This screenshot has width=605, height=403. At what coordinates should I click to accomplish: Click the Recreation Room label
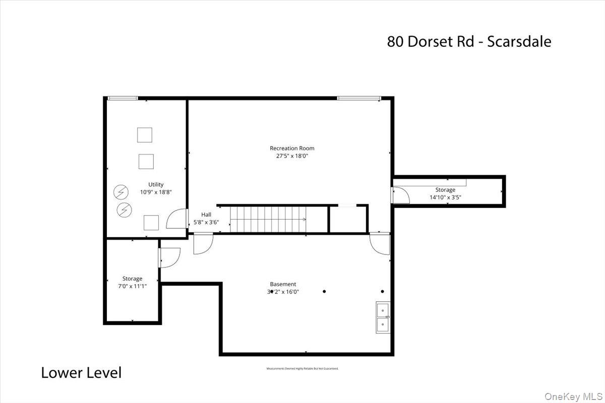(x=292, y=148)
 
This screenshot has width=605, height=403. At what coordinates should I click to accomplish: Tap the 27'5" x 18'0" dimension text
(x=292, y=156)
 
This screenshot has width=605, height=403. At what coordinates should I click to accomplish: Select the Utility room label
(x=156, y=184)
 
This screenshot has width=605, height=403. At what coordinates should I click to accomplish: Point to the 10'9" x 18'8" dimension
(x=156, y=192)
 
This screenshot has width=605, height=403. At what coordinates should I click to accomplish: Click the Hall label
(x=206, y=215)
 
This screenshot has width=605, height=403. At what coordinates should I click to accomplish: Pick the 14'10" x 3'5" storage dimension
(x=445, y=197)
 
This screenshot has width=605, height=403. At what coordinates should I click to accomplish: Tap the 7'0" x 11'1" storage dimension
(x=132, y=287)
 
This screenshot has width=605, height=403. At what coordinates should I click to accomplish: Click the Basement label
(x=283, y=284)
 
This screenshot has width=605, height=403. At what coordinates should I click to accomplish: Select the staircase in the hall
(x=269, y=219)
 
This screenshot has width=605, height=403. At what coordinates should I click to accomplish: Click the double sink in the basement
(x=383, y=318)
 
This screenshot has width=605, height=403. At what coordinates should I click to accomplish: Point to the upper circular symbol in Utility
(x=120, y=192)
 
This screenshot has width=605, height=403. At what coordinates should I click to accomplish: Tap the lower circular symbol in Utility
(x=124, y=209)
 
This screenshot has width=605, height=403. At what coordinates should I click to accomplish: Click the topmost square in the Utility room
(x=145, y=135)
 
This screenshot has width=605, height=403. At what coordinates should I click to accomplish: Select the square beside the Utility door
(x=151, y=222)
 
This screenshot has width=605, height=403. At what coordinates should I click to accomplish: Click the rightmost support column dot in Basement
(x=382, y=291)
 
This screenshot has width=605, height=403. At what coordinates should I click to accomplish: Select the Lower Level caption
(x=81, y=373)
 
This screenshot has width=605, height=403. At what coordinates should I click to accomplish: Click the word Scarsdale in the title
(x=518, y=41)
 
